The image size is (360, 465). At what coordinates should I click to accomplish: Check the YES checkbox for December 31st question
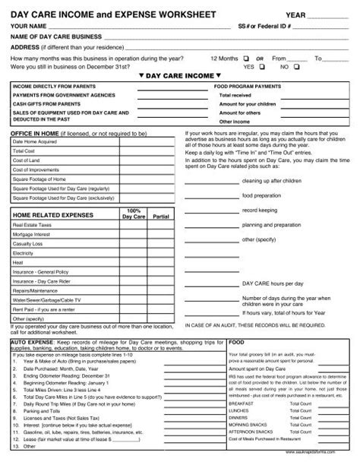point(262,67)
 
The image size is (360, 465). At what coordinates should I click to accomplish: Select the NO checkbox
point(296,67)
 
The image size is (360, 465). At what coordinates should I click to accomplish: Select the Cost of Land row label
point(27,160)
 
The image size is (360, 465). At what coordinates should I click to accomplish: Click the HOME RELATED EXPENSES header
point(49,217)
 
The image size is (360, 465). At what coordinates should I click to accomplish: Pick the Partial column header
point(161,217)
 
